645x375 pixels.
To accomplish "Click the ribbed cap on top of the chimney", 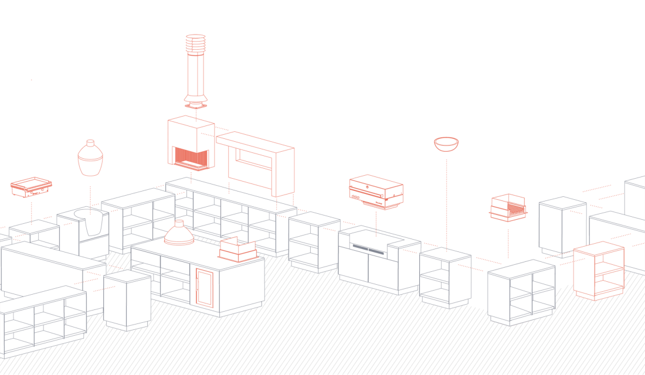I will click(196, 43).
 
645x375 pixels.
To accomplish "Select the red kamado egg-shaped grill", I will click(90, 159).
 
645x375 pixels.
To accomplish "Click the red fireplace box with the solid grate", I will click(191, 144).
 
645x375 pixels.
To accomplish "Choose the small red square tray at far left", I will click(31, 186).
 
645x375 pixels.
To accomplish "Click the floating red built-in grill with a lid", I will click(376, 191).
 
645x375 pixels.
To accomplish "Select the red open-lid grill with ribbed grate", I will click(508, 208).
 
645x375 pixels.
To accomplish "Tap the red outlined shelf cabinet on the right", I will click(599, 271).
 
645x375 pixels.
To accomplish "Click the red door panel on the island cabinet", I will click(204, 287).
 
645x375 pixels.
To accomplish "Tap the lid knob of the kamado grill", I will click(90, 142).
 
